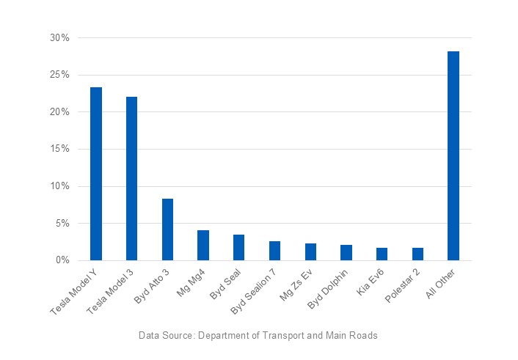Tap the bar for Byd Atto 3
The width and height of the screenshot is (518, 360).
coord(167,229)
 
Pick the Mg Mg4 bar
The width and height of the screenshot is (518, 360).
coord(203,246)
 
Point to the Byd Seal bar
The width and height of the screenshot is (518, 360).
coord(239,248)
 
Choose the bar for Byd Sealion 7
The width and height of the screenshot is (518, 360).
coord(274,251)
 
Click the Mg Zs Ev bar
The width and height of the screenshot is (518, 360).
coord(310,252)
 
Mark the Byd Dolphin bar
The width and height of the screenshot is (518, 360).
coord(346,253)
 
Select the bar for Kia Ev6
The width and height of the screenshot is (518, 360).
coord(382,254)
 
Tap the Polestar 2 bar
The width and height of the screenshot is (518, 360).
coord(417,254)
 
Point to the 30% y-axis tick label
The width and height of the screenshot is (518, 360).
coord(59,37)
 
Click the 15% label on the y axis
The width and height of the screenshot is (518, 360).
coord(59,149)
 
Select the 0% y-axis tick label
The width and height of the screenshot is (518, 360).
coord(62,260)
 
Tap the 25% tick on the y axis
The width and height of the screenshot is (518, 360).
coord(59,75)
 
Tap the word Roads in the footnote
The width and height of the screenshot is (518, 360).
coord(364,336)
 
